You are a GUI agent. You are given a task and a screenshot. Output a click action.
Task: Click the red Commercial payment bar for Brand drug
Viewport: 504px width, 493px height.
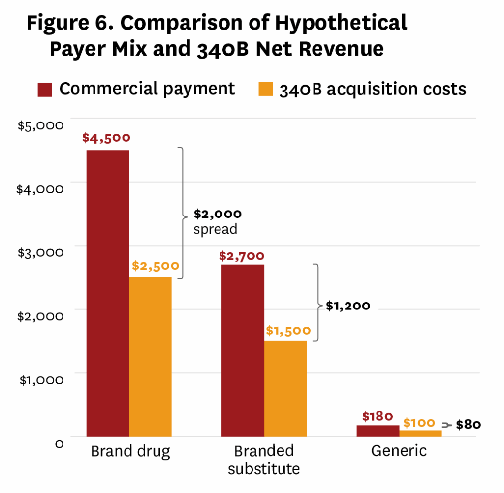click(108, 293)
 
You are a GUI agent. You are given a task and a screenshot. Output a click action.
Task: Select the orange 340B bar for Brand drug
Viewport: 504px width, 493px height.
click(150, 357)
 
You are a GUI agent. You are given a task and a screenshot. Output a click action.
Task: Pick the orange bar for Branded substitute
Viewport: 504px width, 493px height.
click(285, 389)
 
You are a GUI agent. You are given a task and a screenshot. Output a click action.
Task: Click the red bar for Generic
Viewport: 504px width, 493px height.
click(378, 431)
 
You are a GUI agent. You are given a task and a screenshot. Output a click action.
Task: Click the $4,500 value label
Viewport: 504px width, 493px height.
click(107, 138)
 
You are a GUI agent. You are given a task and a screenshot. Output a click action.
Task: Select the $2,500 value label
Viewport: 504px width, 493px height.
click(156, 266)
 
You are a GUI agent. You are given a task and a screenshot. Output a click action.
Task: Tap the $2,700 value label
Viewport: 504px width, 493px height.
click(242, 256)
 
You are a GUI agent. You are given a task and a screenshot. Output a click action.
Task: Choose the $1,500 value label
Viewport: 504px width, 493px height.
click(288, 330)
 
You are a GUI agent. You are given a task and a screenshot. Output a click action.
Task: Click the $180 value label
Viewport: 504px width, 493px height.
click(378, 416)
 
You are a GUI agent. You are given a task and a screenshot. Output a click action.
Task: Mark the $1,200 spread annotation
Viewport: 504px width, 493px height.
click(348, 306)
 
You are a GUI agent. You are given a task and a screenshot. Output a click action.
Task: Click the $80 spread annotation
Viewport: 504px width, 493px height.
click(468, 425)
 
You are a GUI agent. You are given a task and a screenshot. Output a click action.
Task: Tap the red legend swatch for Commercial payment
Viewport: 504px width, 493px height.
click(44, 90)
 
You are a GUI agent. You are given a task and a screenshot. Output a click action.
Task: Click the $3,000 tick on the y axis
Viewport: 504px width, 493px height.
click(41, 252)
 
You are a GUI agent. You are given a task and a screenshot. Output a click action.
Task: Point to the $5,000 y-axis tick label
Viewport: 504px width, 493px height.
click(41, 125)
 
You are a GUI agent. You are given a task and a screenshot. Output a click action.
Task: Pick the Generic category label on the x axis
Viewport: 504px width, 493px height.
click(399, 451)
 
